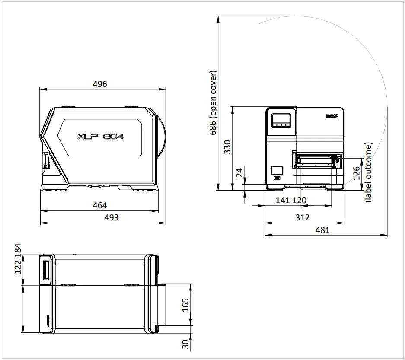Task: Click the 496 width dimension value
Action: pos(100,84)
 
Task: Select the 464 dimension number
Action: pos(100,205)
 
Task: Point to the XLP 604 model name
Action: pos(101,137)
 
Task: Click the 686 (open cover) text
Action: pos(213,103)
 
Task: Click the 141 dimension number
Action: pos(283,201)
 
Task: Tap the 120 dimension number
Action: pos(299,201)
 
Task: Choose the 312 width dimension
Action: pos(302,217)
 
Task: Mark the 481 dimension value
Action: pos(322,230)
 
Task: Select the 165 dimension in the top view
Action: pos(185,304)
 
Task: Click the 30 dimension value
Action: pos(185,344)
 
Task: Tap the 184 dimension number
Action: pos(18,249)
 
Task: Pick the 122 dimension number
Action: pos(18,267)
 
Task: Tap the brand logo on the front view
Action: pos(332,116)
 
